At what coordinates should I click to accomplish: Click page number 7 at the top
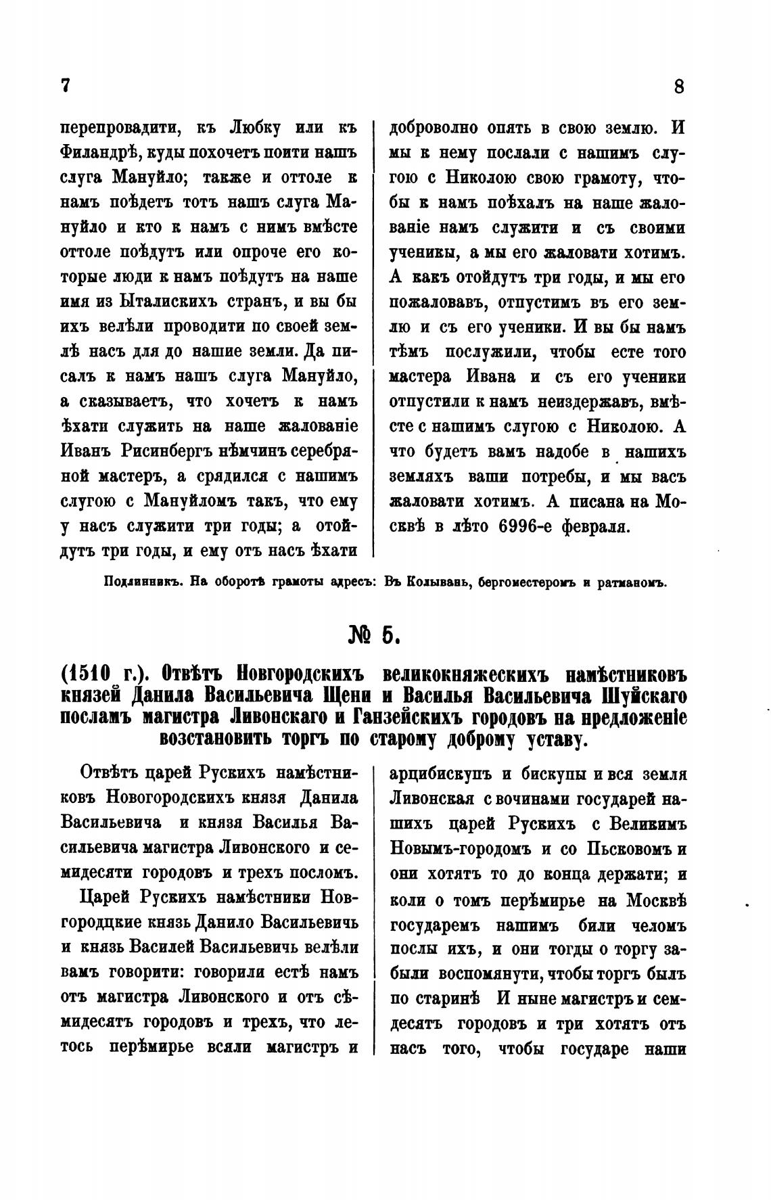pos(66,86)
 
